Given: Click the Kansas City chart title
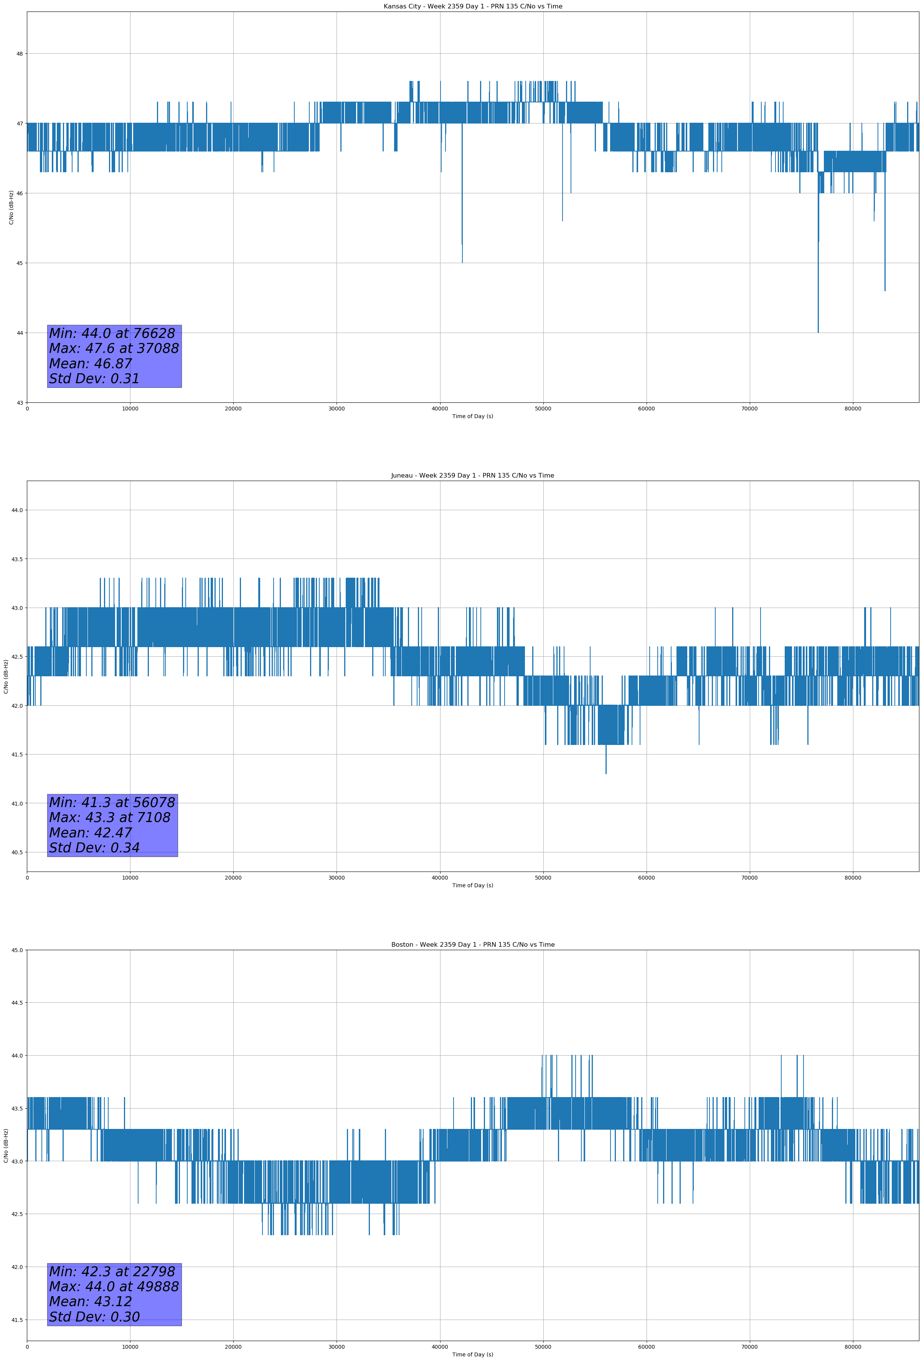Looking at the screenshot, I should coord(472,7).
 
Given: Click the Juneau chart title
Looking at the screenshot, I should coord(472,476).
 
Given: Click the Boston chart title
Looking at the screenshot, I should coord(472,945).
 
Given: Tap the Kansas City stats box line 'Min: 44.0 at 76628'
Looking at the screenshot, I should coord(112,333).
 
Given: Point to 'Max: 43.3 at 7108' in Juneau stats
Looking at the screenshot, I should coord(110,817).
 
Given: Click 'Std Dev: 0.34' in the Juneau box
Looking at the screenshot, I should coord(94,848).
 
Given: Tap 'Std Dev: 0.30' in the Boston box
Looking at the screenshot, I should coord(94,1317).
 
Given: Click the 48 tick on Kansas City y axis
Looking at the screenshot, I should coord(19,54).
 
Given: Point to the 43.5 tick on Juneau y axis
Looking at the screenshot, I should coord(17,559).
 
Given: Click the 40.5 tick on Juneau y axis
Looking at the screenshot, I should coord(17,853).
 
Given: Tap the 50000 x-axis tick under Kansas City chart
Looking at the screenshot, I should coord(543,409).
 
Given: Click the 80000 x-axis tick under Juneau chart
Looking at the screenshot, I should coord(853,878).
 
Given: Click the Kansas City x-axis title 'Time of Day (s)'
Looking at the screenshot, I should coord(472,416).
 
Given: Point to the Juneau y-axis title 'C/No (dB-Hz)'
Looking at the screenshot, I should coord(6,676).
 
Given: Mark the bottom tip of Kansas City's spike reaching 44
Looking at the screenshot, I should coord(818,332).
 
